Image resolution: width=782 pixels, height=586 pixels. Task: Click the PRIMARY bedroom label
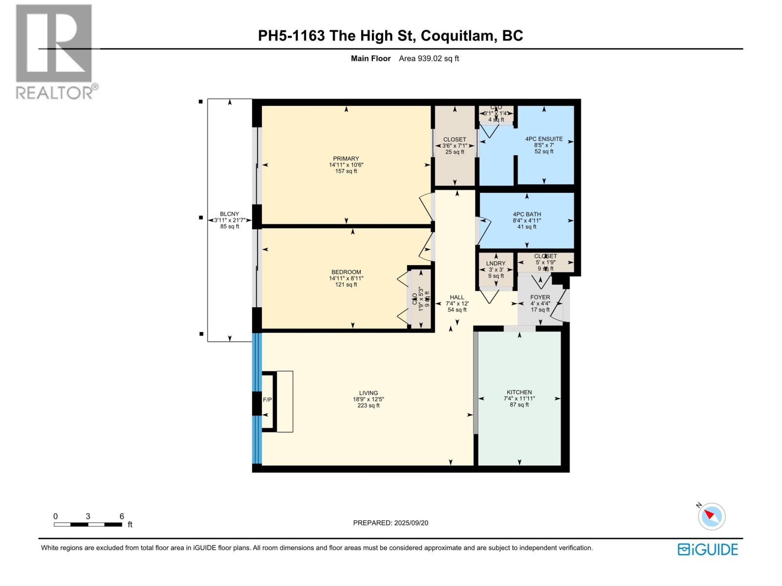pyautogui.click(x=346, y=158)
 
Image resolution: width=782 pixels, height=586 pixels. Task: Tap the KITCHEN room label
pyautogui.click(x=519, y=392)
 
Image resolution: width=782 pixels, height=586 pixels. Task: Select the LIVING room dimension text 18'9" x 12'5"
pyautogui.click(x=368, y=399)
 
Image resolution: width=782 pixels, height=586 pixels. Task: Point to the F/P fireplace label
pyautogui.click(x=267, y=400)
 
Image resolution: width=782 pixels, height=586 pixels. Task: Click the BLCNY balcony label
pyautogui.click(x=229, y=214)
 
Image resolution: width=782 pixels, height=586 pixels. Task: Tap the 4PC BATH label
pyautogui.click(x=526, y=214)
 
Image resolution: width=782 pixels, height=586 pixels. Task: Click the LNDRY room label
pyautogui.click(x=496, y=264)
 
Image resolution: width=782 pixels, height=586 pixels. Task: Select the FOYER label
pyautogui.click(x=540, y=297)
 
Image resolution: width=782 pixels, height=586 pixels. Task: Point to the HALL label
pyautogui.click(x=457, y=297)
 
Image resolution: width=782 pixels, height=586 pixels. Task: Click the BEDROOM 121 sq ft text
pyautogui.click(x=346, y=285)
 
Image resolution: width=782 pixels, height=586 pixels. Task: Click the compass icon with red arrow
pyautogui.click(x=712, y=516)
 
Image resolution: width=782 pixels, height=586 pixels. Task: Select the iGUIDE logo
pyautogui.click(x=707, y=549)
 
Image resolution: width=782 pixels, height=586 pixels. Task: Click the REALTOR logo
pyautogui.click(x=55, y=51)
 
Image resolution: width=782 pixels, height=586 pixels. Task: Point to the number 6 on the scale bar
pyautogui.click(x=122, y=516)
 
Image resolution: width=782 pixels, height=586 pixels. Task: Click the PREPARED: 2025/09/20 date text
pyautogui.click(x=391, y=523)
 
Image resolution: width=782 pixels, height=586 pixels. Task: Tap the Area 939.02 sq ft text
pyautogui.click(x=429, y=59)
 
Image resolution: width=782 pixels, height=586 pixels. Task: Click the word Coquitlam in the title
pyautogui.click(x=458, y=36)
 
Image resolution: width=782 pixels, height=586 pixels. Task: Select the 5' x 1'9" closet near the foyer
pyautogui.click(x=545, y=262)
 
